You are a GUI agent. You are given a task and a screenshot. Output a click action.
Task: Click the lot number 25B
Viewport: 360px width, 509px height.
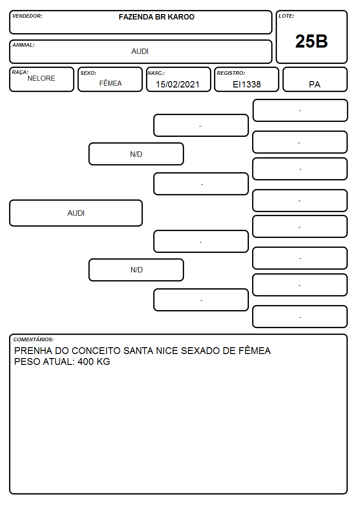[311, 41]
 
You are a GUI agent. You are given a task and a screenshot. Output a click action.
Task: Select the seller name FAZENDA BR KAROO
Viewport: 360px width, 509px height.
[156, 17]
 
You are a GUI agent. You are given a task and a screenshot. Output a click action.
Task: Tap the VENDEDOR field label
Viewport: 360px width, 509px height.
[27, 16]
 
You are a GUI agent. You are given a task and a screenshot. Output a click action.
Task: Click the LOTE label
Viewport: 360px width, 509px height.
[286, 16]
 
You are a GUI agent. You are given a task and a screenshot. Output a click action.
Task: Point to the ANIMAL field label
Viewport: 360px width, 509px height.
[24, 45]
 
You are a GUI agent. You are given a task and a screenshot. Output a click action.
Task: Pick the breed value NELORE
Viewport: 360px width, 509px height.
[41, 78]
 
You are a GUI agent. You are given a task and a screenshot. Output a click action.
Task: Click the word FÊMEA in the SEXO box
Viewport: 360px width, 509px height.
[110, 83]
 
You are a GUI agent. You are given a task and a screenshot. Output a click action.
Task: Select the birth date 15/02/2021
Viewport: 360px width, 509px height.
[178, 84]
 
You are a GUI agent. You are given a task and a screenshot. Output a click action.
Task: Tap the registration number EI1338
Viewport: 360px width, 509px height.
[247, 84]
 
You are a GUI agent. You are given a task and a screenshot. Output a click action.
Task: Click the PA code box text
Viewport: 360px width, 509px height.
[315, 85]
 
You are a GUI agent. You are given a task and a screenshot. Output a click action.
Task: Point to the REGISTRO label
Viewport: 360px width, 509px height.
[231, 73]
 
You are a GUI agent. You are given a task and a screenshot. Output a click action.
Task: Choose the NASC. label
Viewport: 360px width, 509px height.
[156, 73]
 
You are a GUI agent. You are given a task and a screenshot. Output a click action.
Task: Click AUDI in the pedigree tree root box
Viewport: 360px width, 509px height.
[76, 213]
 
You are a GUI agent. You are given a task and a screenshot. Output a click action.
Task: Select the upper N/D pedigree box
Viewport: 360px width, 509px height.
[136, 154]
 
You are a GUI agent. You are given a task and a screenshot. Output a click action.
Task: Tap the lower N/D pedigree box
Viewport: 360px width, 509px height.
[136, 270]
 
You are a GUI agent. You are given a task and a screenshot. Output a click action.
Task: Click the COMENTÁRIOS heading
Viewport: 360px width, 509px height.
[34, 339]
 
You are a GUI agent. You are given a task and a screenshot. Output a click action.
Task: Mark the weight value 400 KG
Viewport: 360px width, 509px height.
[94, 362]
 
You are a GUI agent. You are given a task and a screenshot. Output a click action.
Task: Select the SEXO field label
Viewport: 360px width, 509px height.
[88, 73]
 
